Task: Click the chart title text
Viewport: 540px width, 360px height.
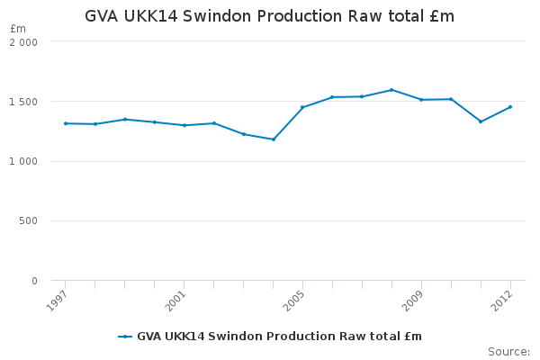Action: click(x=269, y=16)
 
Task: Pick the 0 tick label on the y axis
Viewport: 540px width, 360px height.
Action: click(x=34, y=281)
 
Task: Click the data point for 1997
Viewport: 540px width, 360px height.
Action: click(x=66, y=123)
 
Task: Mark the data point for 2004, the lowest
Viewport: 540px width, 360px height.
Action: click(x=274, y=139)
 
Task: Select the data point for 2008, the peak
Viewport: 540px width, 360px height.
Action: click(x=391, y=90)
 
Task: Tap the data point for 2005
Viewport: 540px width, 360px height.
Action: click(x=302, y=107)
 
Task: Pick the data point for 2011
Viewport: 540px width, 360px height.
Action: click(x=481, y=121)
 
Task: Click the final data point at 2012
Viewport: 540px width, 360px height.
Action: click(x=510, y=107)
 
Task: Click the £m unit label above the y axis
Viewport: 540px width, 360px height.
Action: click(x=18, y=29)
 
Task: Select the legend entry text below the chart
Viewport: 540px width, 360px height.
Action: click(x=279, y=337)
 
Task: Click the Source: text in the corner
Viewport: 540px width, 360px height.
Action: click(x=508, y=351)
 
